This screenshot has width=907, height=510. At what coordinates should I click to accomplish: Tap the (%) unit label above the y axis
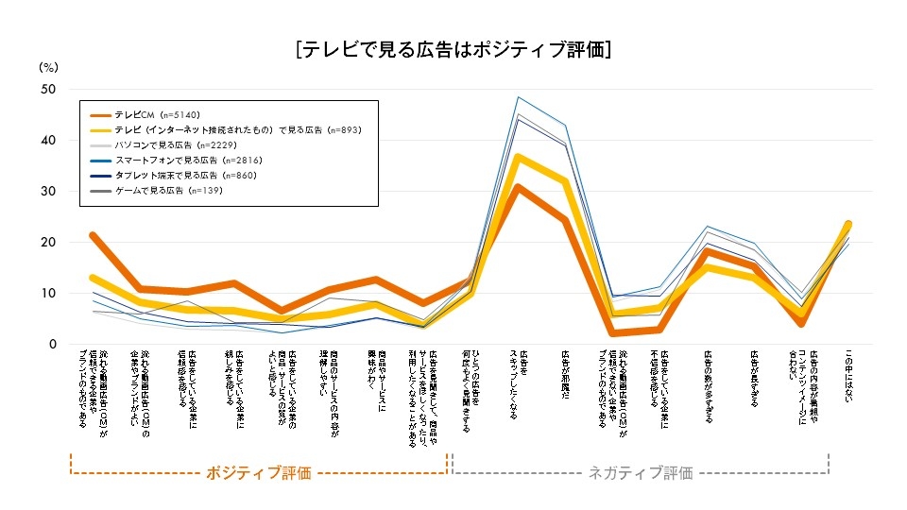49,67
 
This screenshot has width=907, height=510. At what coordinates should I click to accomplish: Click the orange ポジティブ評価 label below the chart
258,473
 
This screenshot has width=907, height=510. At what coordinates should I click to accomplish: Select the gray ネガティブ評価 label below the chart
641,473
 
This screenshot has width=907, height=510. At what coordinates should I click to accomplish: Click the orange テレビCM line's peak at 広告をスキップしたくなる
519,187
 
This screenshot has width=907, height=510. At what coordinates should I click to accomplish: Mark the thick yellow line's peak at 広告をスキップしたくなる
519,157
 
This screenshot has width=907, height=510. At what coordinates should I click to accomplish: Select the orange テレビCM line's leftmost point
93,235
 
